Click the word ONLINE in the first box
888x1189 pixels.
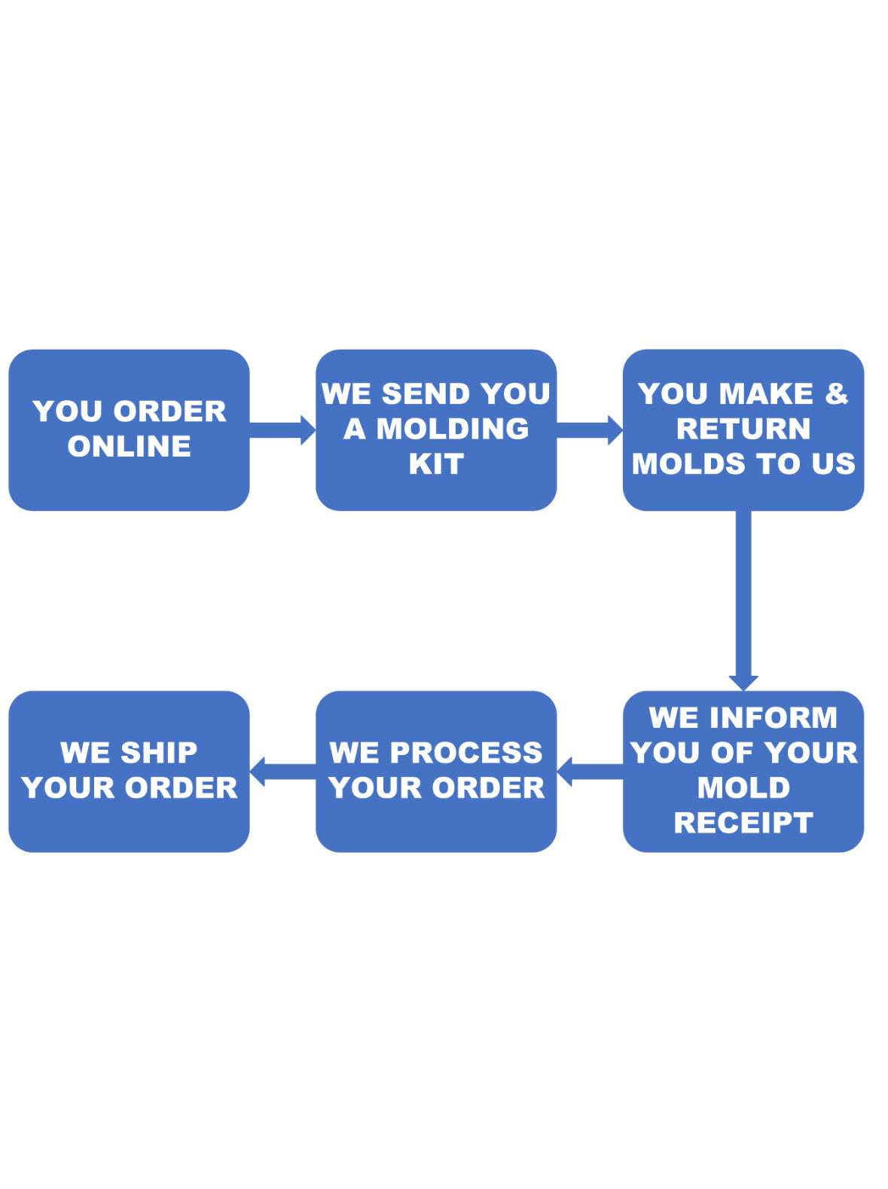tap(129, 446)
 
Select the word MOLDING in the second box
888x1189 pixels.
tap(452, 429)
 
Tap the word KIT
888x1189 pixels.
tap(436, 464)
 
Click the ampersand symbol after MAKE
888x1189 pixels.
tap(836, 393)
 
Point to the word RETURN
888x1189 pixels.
tap(743, 429)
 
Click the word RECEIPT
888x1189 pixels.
tap(743, 823)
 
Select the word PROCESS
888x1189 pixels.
tap(465, 753)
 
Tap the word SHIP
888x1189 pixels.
tap(159, 753)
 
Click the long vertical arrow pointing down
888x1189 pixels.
tap(743, 599)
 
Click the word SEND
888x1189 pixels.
tap(426, 393)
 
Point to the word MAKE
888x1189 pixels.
tap(766, 393)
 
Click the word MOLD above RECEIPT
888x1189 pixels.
tap(743, 787)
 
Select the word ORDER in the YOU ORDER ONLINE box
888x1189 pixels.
tap(170, 411)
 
